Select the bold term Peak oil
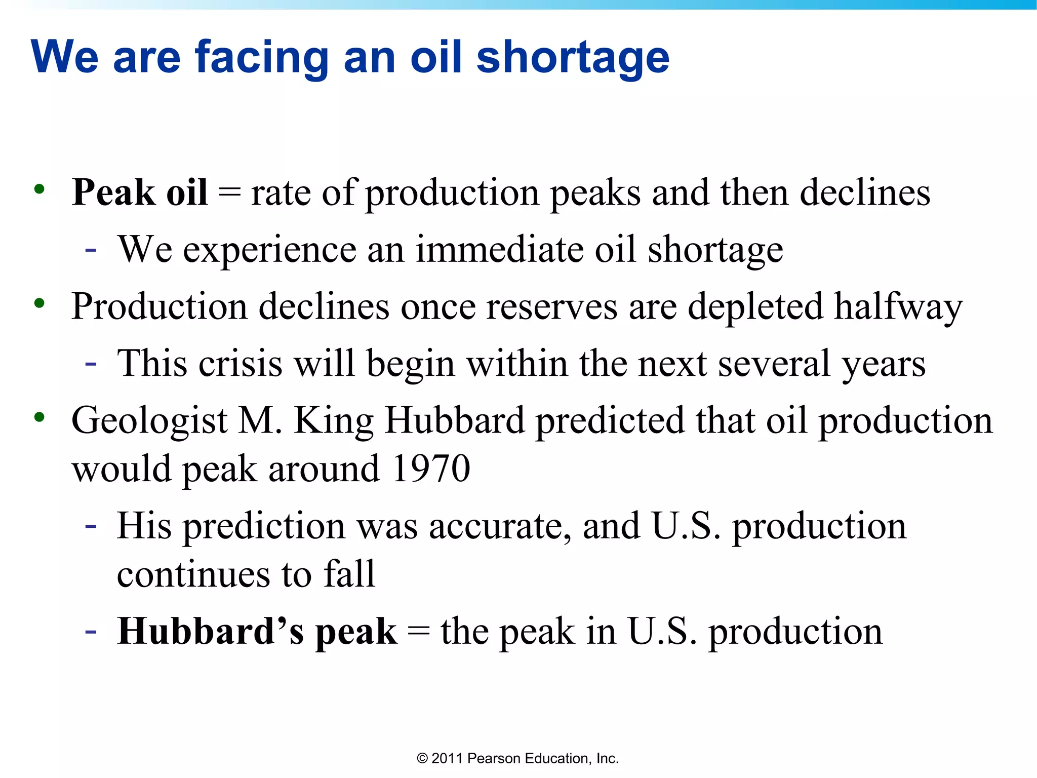click(x=140, y=193)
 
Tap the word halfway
click(x=898, y=307)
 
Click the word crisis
click(x=240, y=364)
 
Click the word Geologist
click(x=149, y=421)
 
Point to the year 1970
click(x=431, y=469)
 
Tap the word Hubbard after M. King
click(x=454, y=420)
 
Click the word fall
click(x=349, y=574)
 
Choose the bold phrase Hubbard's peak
click(x=257, y=632)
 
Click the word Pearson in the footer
click(x=494, y=758)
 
